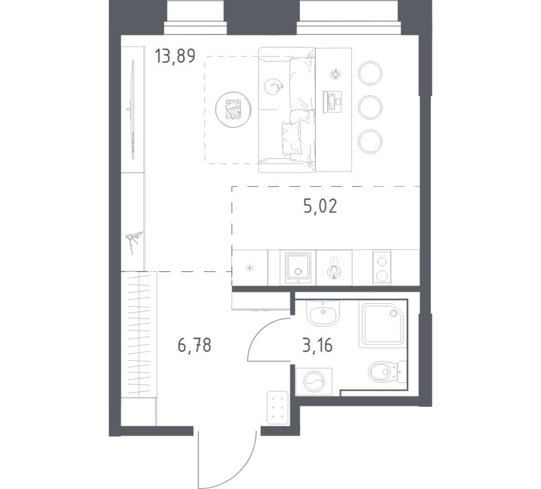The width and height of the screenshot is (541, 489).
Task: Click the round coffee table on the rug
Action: (233, 109)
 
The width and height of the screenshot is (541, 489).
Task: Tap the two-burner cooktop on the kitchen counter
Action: (381, 267)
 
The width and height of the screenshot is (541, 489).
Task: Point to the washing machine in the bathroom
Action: (314, 382)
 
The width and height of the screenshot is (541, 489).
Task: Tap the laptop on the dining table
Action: (332, 102)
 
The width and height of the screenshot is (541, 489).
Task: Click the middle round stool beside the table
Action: (370, 107)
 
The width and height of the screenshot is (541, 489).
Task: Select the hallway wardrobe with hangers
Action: (138, 333)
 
